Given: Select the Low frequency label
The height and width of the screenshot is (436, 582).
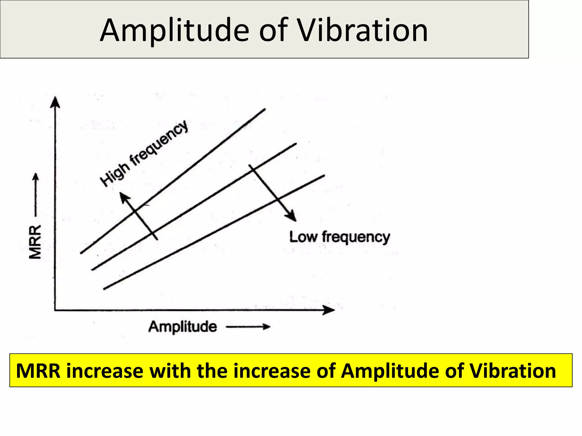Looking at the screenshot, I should [x=340, y=237].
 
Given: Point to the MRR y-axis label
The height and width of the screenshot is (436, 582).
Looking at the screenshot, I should [x=35, y=242].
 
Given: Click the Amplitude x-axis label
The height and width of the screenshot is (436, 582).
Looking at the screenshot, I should [x=182, y=326].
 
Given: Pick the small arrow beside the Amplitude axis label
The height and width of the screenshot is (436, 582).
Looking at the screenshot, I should [x=248, y=327].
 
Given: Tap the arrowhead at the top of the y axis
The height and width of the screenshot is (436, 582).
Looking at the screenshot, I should [x=55, y=102].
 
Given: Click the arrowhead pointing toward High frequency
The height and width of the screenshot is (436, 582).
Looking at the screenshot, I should [x=124, y=197].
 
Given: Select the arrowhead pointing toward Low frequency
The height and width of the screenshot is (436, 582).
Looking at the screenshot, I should [x=292, y=216].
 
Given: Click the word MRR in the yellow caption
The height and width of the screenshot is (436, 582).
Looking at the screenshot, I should [x=38, y=371].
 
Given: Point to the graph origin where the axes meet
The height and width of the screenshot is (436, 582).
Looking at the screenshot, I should [x=55, y=310].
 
